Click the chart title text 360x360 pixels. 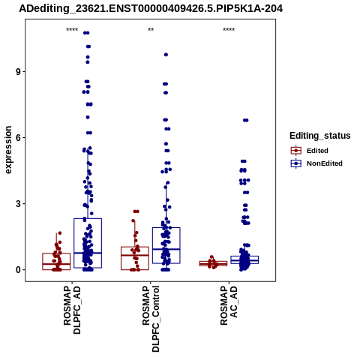tap(151, 9)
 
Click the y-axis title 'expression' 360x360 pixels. tap(8, 150)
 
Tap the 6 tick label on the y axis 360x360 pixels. tap(19, 138)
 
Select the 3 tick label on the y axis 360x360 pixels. tap(19, 204)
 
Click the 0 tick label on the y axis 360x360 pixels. tap(19, 270)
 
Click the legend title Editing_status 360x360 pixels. tap(320, 136)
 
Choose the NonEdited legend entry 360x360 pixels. tap(316, 163)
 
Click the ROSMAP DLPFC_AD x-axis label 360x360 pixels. tap(72, 310)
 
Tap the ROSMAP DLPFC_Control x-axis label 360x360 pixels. tap(151, 319)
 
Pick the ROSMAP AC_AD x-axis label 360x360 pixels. tap(229, 306)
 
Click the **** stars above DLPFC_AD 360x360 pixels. tap(72, 30)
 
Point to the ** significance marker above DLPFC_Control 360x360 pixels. tap(151, 30)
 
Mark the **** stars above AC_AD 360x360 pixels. tap(229, 30)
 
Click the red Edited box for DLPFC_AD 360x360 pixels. tap(56, 253)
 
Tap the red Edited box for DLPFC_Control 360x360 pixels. tap(135, 247)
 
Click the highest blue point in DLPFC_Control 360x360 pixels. tap(166, 55)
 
